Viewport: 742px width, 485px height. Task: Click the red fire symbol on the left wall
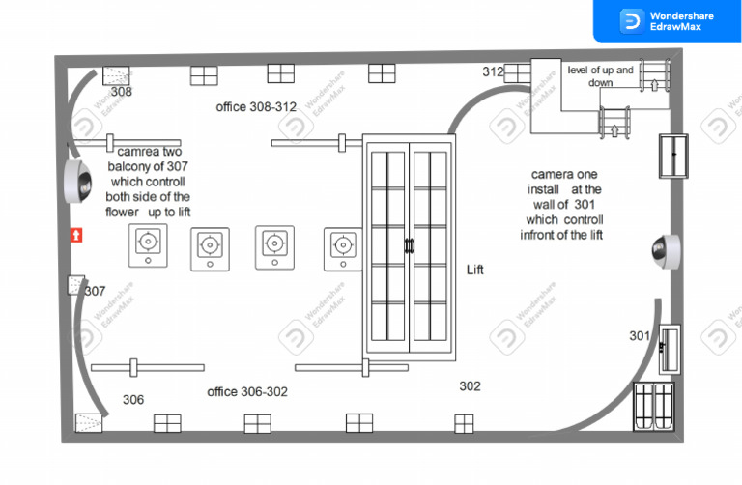click(x=76, y=235)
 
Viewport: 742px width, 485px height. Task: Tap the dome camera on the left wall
click(x=78, y=182)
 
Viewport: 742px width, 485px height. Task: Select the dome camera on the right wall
click(x=667, y=251)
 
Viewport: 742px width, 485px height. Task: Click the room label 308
click(x=122, y=92)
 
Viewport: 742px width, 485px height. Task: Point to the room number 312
click(x=493, y=71)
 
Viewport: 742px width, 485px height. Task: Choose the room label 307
click(x=95, y=291)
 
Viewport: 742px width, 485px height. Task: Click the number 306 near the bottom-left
click(x=133, y=400)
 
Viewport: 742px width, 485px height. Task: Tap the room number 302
click(x=470, y=386)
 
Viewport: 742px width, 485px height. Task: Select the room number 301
click(x=640, y=336)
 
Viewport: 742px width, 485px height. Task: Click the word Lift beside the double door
click(x=475, y=270)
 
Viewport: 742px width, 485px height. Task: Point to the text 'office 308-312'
click(x=256, y=107)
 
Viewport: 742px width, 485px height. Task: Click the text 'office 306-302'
click(x=247, y=392)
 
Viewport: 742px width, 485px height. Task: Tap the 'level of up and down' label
click(x=600, y=76)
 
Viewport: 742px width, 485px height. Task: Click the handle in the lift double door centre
click(x=409, y=245)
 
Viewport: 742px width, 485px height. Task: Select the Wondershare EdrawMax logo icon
click(x=632, y=21)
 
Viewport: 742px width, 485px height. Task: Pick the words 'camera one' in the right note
click(x=564, y=174)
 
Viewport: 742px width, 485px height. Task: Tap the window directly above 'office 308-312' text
click(x=280, y=73)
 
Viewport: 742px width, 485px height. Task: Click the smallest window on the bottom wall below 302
click(x=464, y=424)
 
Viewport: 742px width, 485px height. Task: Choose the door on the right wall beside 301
click(x=670, y=349)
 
